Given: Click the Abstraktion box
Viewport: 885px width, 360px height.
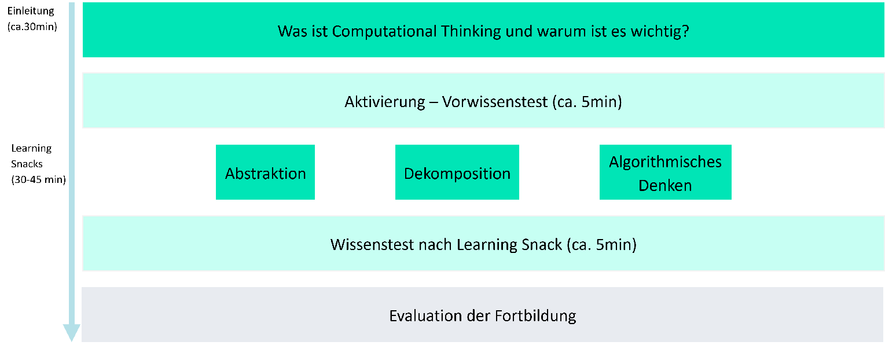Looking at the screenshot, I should click(265, 172).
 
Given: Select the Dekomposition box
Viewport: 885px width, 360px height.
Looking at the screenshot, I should click(457, 172).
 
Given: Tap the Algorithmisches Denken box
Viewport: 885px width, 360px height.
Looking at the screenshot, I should click(665, 172).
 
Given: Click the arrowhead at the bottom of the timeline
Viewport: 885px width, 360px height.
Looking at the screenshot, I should click(71, 332).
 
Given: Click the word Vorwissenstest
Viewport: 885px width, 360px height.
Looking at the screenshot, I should click(494, 102).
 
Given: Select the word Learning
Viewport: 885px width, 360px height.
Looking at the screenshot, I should click(487, 244).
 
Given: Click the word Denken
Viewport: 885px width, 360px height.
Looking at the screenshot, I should click(665, 185).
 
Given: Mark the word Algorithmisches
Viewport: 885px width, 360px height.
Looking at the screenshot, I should click(665, 161).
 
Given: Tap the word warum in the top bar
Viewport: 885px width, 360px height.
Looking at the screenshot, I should click(553, 31).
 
